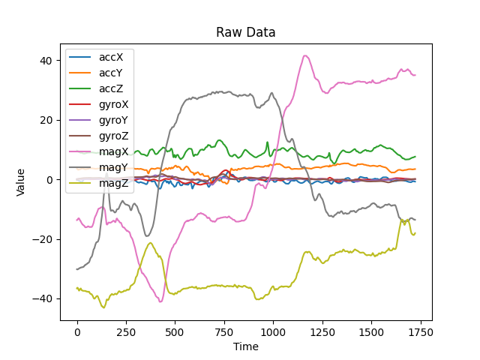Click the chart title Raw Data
pyautogui.click(x=246, y=33)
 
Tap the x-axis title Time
pyautogui.click(x=246, y=346)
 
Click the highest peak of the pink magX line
pyautogui.click(x=305, y=55)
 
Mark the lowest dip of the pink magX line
pyautogui.click(x=160, y=301)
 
